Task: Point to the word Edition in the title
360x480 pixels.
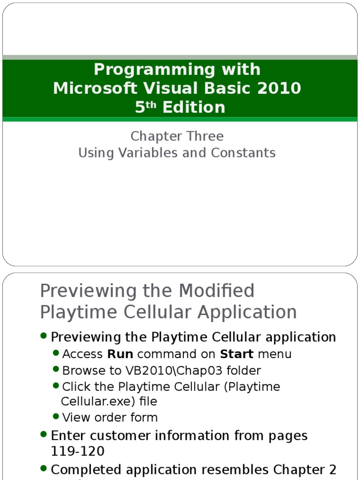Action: (194, 107)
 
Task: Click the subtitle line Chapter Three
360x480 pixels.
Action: (177, 136)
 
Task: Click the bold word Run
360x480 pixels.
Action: (120, 354)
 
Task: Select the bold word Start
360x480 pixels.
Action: (237, 354)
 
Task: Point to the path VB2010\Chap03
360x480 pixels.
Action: (159, 371)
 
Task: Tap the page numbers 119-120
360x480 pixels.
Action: (77, 451)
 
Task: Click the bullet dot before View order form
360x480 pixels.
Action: (56, 416)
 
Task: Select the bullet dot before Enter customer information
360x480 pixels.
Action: (44, 434)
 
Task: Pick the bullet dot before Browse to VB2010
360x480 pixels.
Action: (56, 370)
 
